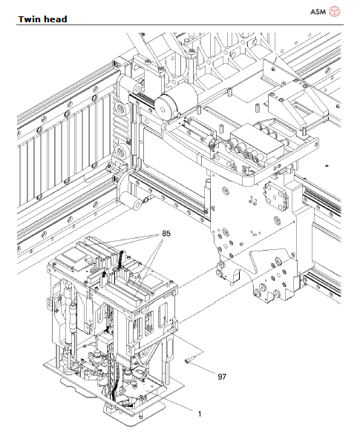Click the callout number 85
click(166, 234)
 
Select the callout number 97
click(221, 377)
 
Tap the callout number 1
click(198, 412)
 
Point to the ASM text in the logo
click(316, 11)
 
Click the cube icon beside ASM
click(334, 11)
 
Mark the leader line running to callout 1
click(175, 402)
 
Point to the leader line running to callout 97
click(206, 369)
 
